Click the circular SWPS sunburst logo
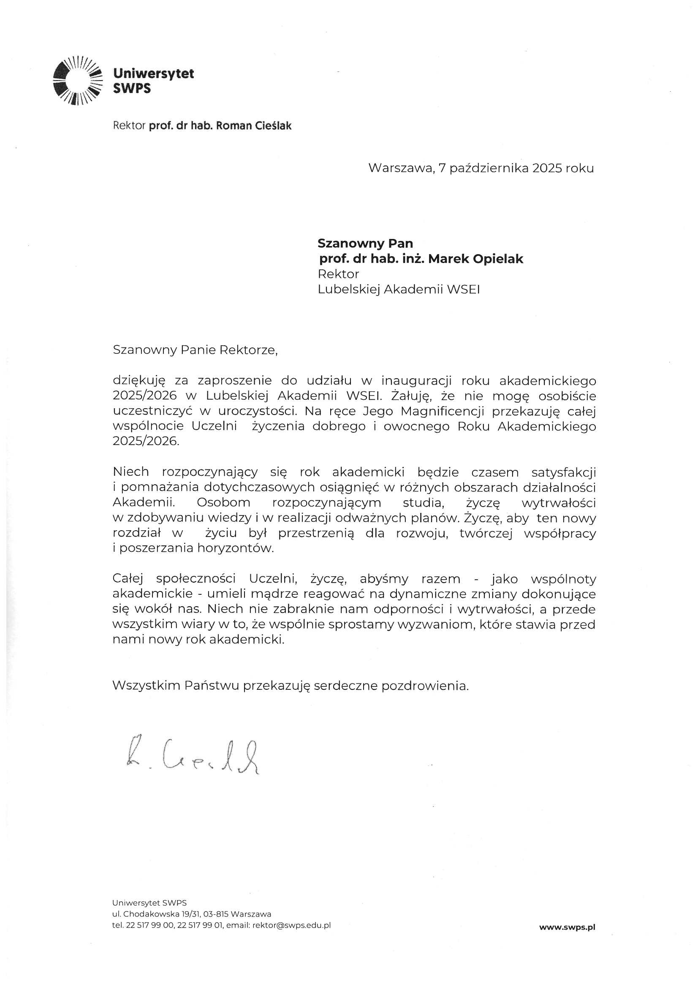[77, 81]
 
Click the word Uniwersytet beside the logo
[153, 74]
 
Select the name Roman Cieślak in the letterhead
[253, 126]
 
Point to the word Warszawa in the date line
[400, 168]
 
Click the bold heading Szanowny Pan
[365, 243]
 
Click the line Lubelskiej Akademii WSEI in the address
[399, 289]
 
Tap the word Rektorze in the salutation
[249, 350]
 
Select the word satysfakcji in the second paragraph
[564, 472]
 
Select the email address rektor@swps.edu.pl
[292, 925]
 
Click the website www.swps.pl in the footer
[567, 927]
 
